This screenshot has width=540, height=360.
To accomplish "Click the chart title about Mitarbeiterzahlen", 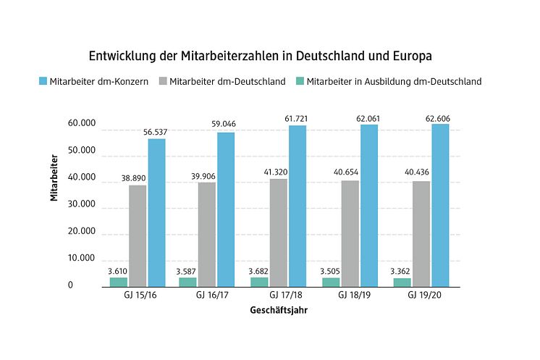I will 269,56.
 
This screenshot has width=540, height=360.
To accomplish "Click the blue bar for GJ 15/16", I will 156,212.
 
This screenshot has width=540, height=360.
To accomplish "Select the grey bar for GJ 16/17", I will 207,234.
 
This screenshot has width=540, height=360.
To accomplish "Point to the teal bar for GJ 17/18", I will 259,282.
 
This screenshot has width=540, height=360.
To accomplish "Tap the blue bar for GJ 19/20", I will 440,205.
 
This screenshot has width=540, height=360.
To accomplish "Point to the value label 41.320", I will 279,172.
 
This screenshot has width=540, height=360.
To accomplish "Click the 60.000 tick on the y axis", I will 80,124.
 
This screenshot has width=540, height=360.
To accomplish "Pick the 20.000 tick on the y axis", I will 80,232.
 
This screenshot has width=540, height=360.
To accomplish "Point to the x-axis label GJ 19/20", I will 422,296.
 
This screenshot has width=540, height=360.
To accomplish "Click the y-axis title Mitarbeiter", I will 55,177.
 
